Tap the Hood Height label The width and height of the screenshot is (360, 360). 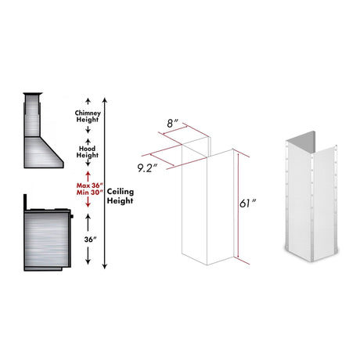[x=87, y=151]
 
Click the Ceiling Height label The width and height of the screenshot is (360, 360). [x=121, y=196]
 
